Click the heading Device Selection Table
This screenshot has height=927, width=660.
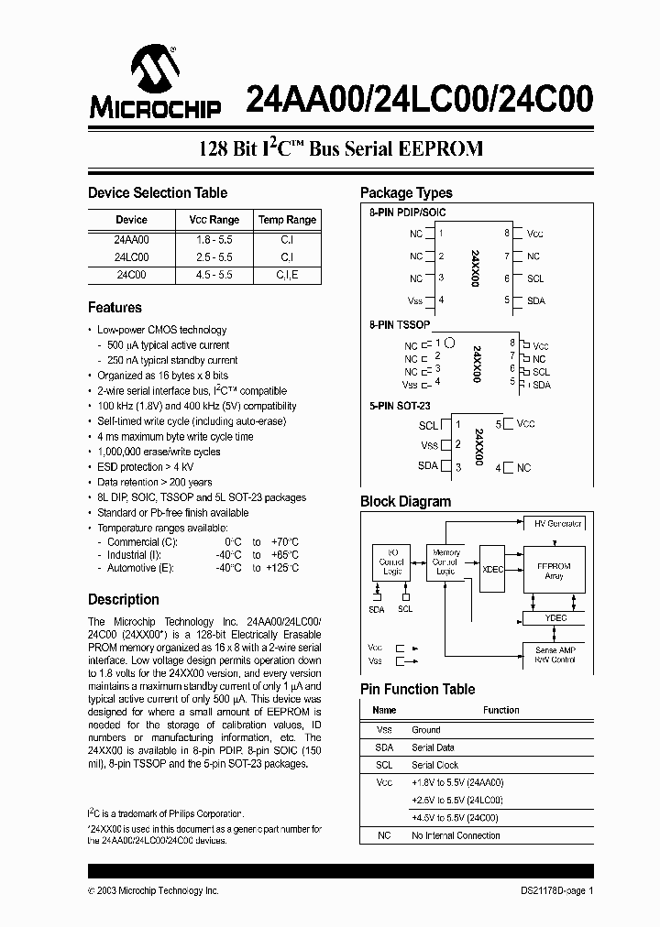pyautogui.click(x=157, y=193)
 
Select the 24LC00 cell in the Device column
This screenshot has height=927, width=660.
pyautogui.click(x=131, y=256)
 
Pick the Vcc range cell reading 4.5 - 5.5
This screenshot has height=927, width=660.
pyautogui.click(x=214, y=274)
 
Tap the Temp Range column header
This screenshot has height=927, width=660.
pyautogui.click(x=287, y=220)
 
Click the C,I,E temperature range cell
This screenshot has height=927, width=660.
pyautogui.click(x=287, y=274)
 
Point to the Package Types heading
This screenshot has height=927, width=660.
pyautogui.click(x=405, y=193)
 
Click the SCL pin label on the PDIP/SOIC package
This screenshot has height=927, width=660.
pyautogui.click(x=535, y=278)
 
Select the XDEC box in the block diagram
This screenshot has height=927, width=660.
pyautogui.click(x=492, y=569)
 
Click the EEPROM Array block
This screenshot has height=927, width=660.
pyautogui.click(x=553, y=571)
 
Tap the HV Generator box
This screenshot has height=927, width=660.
pyautogui.click(x=557, y=524)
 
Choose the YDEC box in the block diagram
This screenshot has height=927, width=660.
pyautogui.click(x=555, y=617)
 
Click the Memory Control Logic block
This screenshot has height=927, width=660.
pyautogui.click(x=445, y=562)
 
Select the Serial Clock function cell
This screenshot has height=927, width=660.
pyautogui.click(x=434, y=765)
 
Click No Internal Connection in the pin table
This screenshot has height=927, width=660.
pyautogui.click(x=456, y=835)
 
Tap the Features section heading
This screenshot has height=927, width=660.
pyautogui.click(x=115, y=308)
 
